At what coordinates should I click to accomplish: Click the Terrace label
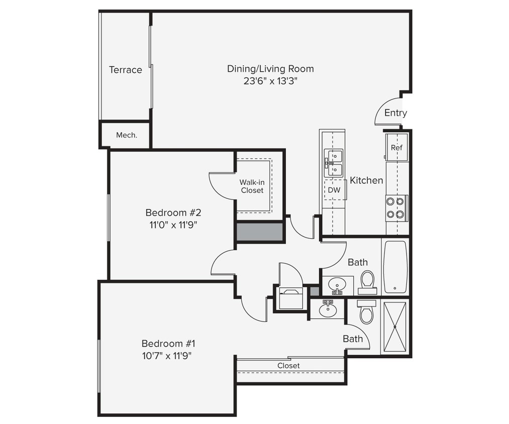click(x=126, y=70)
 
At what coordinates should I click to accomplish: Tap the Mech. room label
click(x=126, y=135)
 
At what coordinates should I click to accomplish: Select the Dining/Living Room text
click(x=270, y=69)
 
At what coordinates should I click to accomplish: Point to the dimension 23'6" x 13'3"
click(x=270, y=81)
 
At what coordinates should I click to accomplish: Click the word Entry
click(x=395, y=113)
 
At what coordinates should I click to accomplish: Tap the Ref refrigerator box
click(x=396, y=148)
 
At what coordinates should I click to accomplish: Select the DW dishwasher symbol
click(x=334, y=190)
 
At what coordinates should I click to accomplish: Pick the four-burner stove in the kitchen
click(x=396, y=208)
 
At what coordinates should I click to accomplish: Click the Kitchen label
click(x=366, y=180)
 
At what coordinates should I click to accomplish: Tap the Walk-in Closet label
click(x=252, y=186)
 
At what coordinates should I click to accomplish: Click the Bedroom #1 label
click(x=168, y=344)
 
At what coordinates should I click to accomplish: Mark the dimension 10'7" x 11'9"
click(x=168, y=356)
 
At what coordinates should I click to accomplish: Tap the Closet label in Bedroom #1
click(x=288, y=366)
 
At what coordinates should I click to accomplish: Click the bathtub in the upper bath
click(x=395, y=266)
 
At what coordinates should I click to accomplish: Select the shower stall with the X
click(x=395, y=327)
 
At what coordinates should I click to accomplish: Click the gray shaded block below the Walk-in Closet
click(x=259, y=232)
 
